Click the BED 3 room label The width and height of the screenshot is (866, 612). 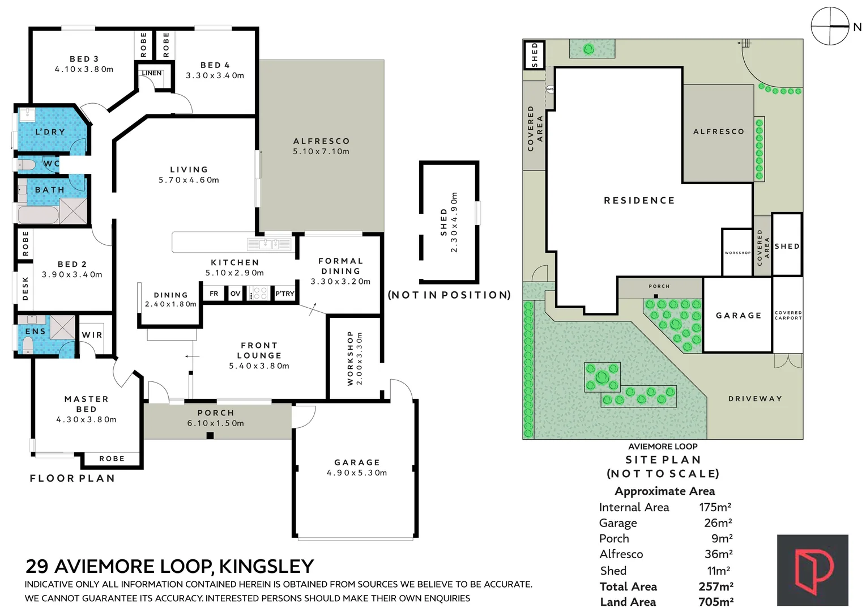pos(84,59)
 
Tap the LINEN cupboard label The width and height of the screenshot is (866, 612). pos(152,73)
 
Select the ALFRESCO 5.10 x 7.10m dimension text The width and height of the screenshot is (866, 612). pos(321,151)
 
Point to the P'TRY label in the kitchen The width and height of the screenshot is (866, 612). pos(284,294)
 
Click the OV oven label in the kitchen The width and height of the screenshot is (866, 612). pos(236,294)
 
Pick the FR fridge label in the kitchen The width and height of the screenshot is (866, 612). pos(214,294)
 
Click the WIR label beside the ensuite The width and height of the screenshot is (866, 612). pos(92,335)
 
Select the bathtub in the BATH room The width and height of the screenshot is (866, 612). pos(38,215)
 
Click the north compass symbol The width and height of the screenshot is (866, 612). pos(830,27)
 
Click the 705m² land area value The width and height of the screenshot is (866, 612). pos(716,602)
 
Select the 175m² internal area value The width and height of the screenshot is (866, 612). pos(715,507)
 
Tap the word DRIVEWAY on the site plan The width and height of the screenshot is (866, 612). pos(755,398)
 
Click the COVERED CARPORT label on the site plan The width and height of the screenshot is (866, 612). pos(788,315)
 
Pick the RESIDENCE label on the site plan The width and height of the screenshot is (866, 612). pos(639,201)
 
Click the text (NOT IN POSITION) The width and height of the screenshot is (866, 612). pos(449,295)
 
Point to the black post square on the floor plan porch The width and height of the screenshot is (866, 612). pos(210,436)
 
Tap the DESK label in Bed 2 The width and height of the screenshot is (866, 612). pos(25,288)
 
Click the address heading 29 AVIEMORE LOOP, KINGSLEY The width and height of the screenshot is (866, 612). pos(169,566)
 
